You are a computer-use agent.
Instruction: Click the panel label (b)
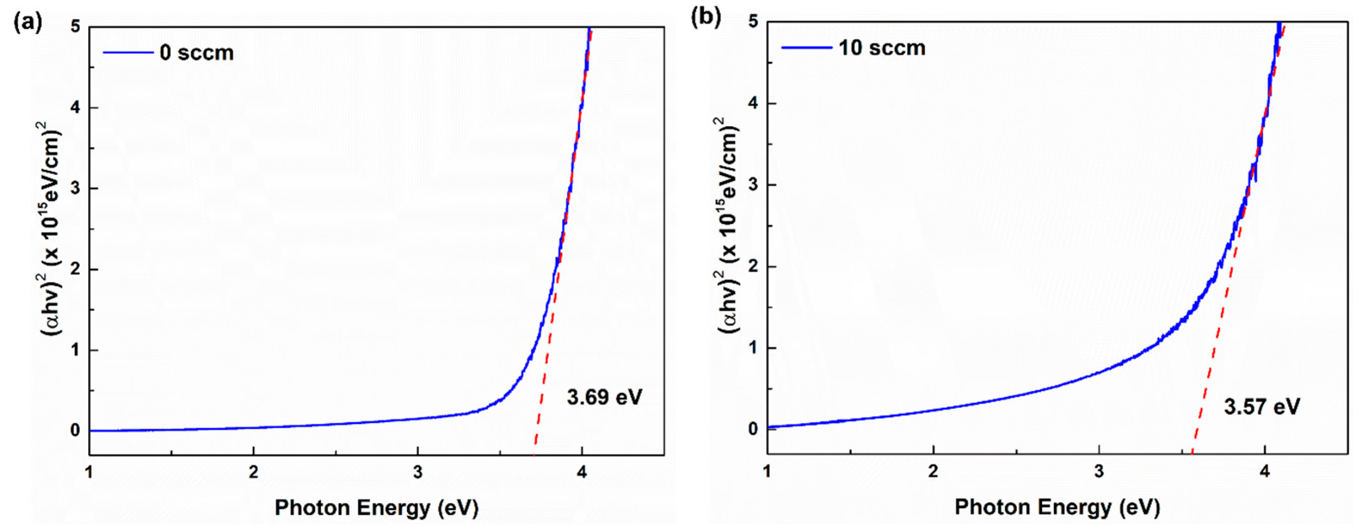tap(705, 17)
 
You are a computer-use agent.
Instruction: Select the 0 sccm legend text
tap(196, 53)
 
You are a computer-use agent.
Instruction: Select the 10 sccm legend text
tap(882, 48)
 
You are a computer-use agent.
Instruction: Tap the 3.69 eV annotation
tap(605, 397)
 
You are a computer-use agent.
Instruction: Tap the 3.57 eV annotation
tap(1262, 406)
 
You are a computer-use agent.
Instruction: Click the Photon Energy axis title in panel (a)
tap(376, 508)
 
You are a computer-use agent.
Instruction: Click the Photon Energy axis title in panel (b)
tap(1057, 507)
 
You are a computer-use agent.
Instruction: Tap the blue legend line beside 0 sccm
tap(128, 52)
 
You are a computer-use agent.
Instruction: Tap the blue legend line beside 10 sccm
tap(806, 47)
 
